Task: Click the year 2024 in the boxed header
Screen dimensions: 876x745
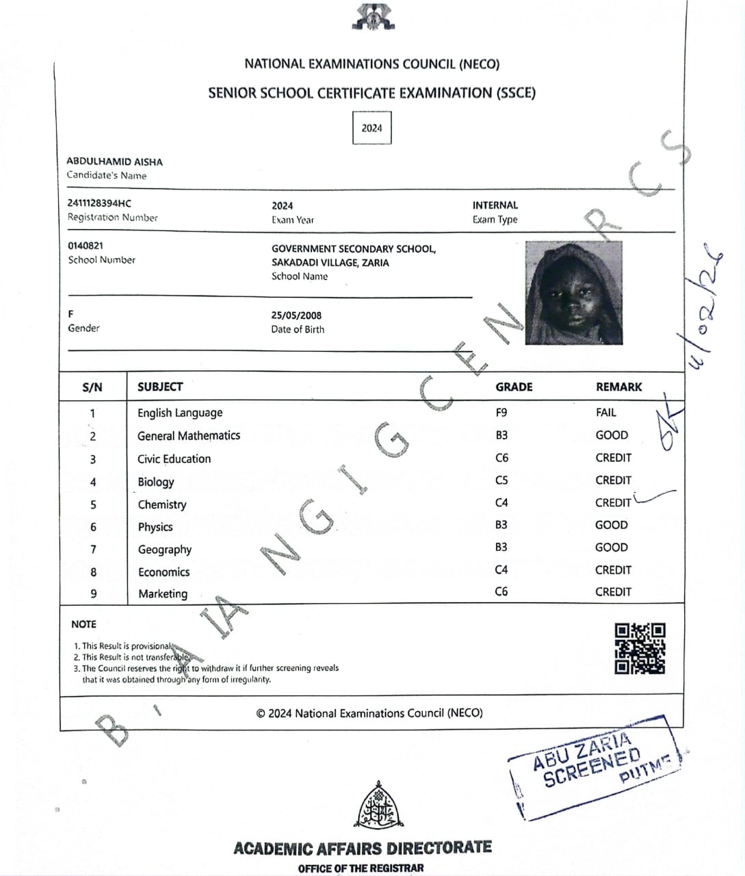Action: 371,128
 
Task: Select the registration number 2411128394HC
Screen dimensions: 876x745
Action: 99,203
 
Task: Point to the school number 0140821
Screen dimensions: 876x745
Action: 86,246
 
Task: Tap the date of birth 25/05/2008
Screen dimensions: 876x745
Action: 296,315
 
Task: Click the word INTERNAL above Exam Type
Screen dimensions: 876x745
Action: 495,205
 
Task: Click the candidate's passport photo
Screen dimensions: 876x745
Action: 573,292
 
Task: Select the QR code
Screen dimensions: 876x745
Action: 640,648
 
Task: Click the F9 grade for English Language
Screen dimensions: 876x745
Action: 501,413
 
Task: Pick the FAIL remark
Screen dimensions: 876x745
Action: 605,413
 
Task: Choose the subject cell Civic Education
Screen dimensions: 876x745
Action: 174,459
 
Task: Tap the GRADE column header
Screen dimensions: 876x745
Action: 514,387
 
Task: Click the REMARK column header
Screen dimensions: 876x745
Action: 618,387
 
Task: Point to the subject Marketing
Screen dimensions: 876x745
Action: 163,594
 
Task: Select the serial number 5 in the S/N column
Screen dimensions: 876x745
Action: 93,505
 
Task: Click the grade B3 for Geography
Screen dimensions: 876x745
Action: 501,547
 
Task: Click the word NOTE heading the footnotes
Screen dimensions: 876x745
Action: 83,624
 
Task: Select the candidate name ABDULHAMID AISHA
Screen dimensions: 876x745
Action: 114,162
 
